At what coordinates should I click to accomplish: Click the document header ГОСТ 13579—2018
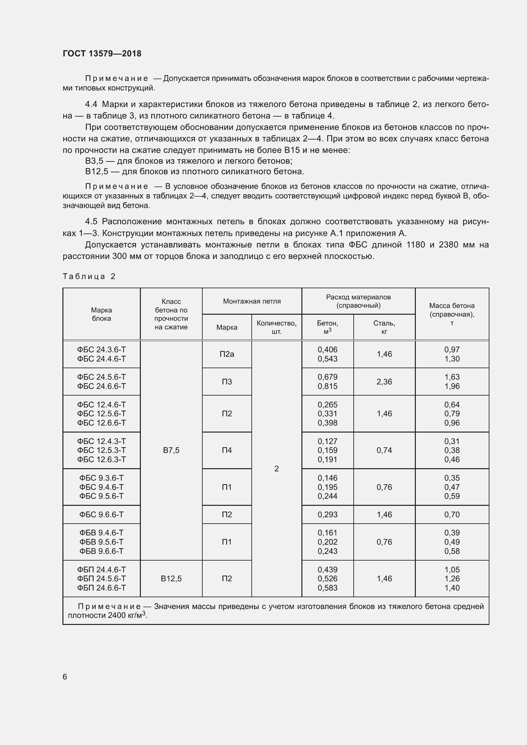(x=102, y=54)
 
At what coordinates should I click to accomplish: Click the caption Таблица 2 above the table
(x=89, y=276)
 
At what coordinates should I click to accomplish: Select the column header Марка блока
(x=101, y=314)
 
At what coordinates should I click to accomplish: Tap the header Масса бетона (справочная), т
(x=452, y=314)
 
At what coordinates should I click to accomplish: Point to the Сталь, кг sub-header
(x=384, y=327)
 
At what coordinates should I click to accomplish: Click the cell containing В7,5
(x=171, y=450)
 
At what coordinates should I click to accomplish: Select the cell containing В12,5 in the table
(x=171, y=578)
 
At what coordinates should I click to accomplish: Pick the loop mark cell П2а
(x=227, y=354)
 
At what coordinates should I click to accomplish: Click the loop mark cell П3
(x=227, y=382)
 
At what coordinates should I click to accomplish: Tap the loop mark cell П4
(x=227, y=450)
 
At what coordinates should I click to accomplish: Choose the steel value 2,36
(x=384, y=382)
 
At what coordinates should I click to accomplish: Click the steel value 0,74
(x=384, y=450)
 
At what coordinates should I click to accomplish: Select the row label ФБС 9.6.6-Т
(x=101, y=515)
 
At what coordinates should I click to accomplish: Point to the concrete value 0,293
(x=328, y=515)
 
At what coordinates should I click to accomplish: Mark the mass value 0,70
(x=452, y=515)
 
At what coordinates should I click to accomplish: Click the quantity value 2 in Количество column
(x=277, y=469)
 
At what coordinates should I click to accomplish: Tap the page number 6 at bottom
(x=65, y=677)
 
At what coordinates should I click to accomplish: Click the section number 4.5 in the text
(x=91, y=222)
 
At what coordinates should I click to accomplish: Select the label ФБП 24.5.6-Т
(x=101, y=578)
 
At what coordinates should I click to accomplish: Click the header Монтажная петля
(x=252, y=301)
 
